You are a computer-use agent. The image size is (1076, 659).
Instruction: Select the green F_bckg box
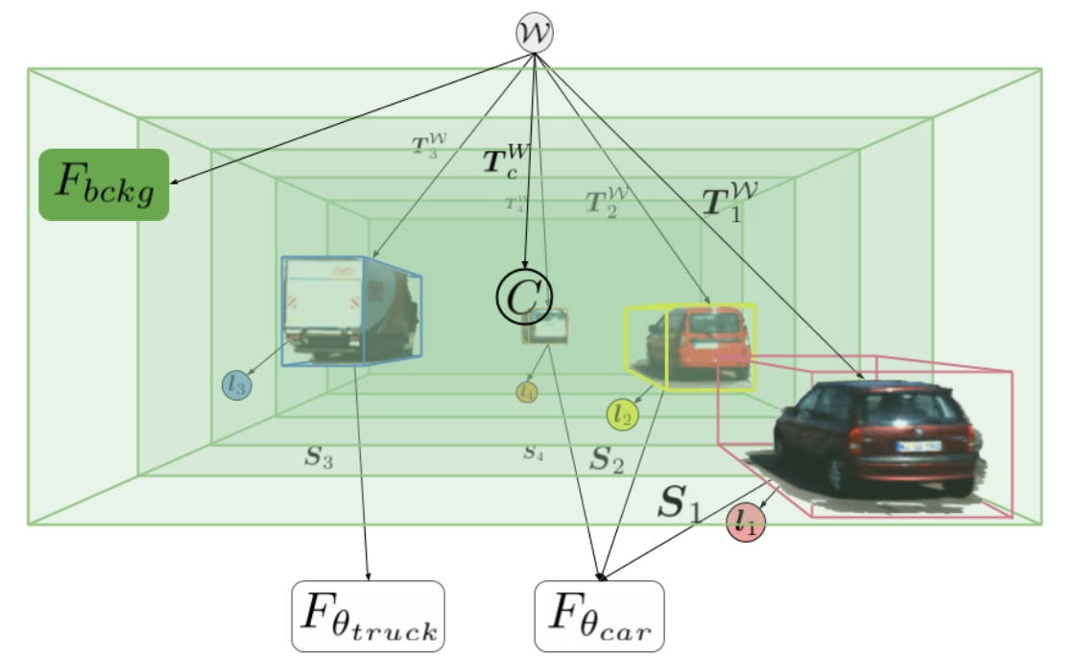coord(104,184)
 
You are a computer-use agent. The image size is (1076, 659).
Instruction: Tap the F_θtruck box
coord(367,616)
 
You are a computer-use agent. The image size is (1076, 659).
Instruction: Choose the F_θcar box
coord(599,616)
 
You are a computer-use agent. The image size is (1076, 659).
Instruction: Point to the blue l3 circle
coord(237,385)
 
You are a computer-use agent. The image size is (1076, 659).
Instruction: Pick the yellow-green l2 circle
coord(622,414)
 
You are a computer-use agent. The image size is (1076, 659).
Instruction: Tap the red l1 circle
coord(745,523)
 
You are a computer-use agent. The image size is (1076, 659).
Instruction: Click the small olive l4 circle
coord(527,392)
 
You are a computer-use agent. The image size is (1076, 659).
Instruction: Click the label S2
coord(606,459)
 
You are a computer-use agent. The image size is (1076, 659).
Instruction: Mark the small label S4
coord(533,452)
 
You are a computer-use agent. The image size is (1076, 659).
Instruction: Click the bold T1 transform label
coord(729,200)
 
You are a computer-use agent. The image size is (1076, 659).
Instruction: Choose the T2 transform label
coord(602,203)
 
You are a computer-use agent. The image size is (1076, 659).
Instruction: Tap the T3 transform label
coord(424,146)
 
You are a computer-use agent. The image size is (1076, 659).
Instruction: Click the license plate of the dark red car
coord(916,448)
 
